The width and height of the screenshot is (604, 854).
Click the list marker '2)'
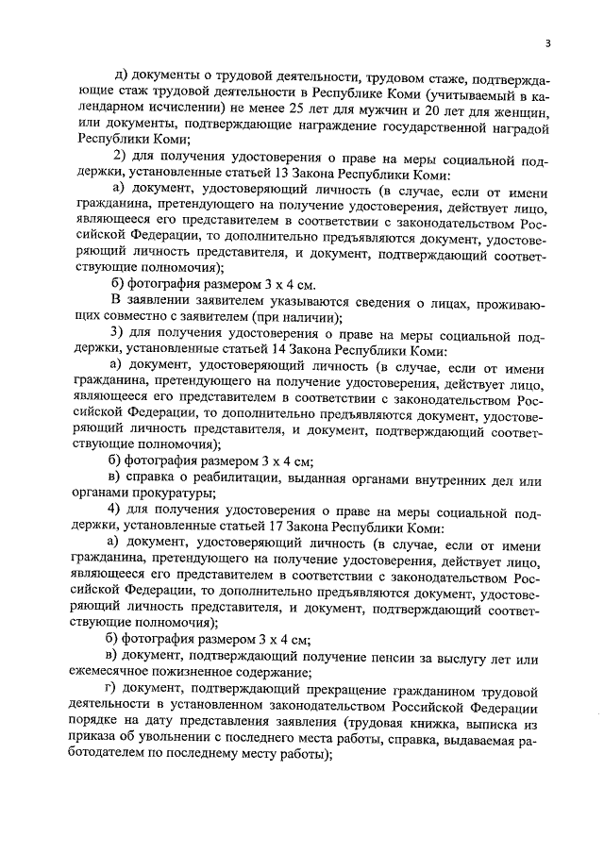[118, 155]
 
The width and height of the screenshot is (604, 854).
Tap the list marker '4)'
[118, 511]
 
